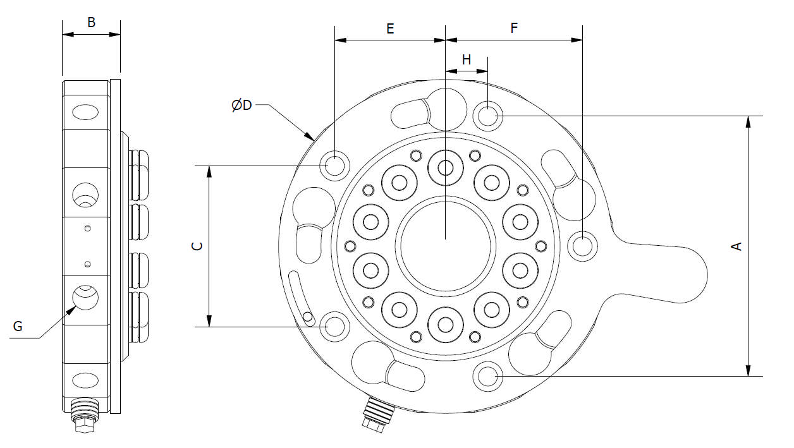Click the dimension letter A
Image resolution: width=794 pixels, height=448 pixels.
click(736, 246)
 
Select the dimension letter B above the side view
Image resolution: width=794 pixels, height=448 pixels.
click(91, 23)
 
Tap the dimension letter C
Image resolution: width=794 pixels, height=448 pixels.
click(197, 246)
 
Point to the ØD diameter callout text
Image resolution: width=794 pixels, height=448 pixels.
click(241, 105)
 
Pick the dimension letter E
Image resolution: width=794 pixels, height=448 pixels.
click(390, 28)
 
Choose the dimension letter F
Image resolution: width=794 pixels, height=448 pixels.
click(514, 28)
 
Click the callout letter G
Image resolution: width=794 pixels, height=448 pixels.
click(18, 326)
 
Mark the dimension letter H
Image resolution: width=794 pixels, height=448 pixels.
click(467, 60)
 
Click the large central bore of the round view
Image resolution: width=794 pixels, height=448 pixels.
click(446, 243)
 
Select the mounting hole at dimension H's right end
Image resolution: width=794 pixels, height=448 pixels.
click(487, 116)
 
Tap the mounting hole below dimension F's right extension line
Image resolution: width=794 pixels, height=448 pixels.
click(582, 245)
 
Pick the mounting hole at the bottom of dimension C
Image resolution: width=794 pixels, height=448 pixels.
click(334, 327)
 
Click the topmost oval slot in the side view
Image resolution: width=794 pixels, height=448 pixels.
click(85, 112)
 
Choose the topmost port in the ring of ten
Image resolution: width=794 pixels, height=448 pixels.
click(446, 167)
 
